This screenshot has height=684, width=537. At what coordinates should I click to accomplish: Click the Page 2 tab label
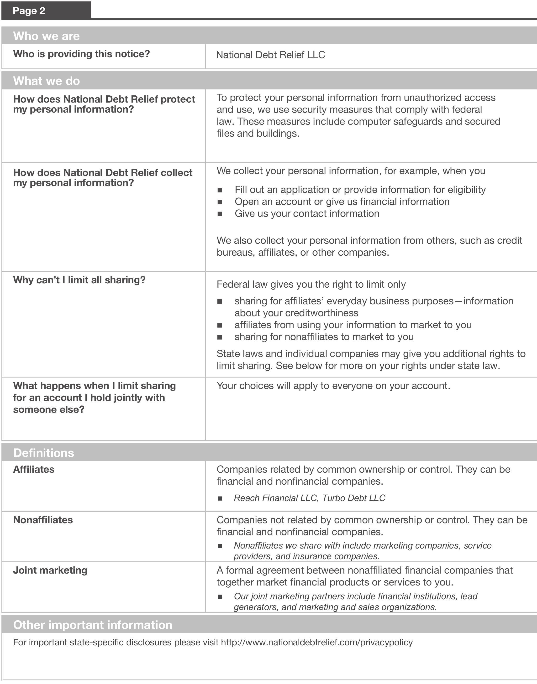click(x=29, y=11)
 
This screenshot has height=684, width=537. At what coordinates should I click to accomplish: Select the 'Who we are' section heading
click(x=46, y=36)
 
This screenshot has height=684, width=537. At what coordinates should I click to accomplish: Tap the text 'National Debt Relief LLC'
click(x=270, y=55)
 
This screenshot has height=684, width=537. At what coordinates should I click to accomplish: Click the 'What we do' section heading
click(x=46, y=81)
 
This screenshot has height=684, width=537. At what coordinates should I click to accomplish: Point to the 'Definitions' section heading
click(x=43, y=453)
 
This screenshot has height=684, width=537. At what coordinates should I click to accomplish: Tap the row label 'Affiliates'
click(x=34, y=469)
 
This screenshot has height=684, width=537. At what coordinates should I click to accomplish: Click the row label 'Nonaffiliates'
click(x=43, y=520)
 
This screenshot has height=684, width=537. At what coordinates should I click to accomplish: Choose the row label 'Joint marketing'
click(x=50, y=570)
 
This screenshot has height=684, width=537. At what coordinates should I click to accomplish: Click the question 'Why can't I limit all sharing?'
click(x=79, y=280)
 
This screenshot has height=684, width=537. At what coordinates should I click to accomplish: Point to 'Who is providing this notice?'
click(x=81, y=54)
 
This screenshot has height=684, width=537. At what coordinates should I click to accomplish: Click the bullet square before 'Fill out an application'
click(x=220, y=190)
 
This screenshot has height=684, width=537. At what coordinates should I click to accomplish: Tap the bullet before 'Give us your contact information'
click(x=220, y=214)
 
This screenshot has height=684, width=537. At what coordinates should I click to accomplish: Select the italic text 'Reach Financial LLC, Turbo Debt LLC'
click(x=309, y=498)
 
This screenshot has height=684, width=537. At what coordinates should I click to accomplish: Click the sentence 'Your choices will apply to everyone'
click(x=333, y=386)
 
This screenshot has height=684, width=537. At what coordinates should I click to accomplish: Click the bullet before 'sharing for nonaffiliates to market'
click(x=220, y=337)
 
